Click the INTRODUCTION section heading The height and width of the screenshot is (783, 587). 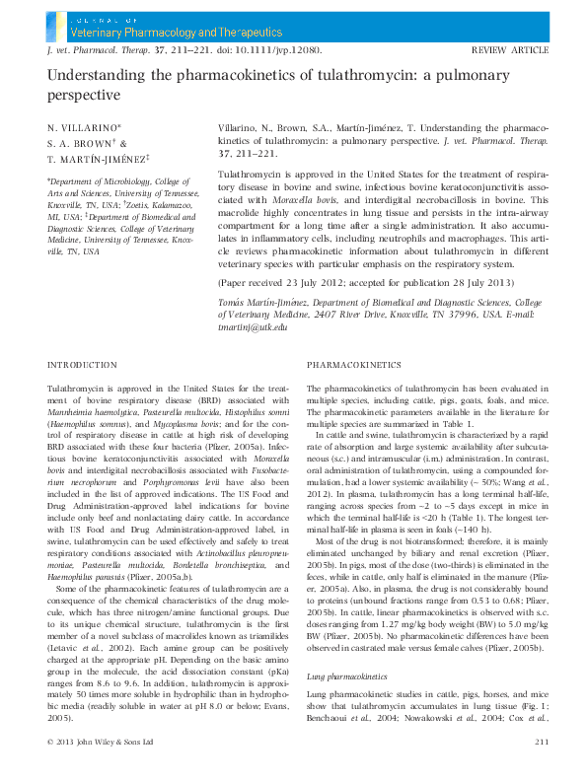click(x=82, y=365)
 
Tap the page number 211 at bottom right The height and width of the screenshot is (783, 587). click(x=541, y=741)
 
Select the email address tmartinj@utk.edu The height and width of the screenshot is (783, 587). click(x=252, y=325)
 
